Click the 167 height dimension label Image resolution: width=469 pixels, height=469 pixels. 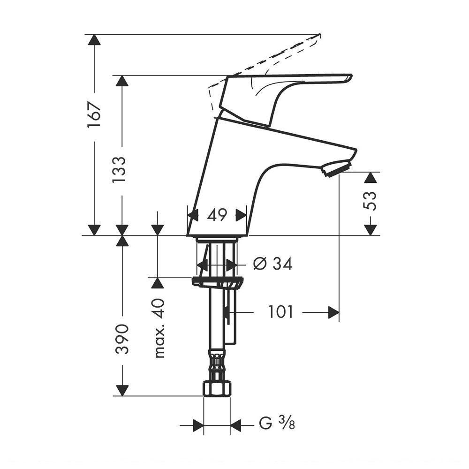tap(94, 115)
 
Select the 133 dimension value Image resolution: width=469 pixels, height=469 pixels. tap(119, 169)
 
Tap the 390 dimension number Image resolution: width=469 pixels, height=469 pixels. tap(122, 339)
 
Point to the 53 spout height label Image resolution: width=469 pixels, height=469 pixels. tap(370, 200)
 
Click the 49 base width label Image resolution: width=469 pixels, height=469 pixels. tap(217, 215)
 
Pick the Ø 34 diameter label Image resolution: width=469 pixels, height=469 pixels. tap(272, 264)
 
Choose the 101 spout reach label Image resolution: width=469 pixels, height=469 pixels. tap(280, 312)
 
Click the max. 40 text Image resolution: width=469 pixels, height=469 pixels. tap(160, 328)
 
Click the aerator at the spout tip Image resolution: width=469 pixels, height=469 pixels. tap(336, 168)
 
